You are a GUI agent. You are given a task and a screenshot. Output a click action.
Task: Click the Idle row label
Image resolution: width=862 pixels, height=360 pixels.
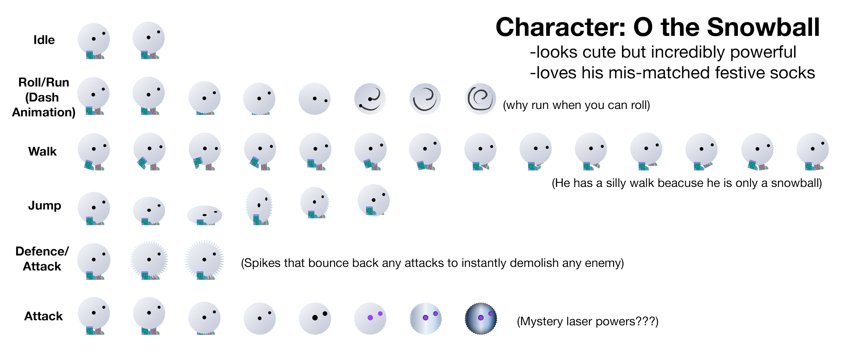coord(44,40)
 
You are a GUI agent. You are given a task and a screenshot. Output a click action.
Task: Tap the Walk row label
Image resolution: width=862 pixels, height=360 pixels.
coord(42,151)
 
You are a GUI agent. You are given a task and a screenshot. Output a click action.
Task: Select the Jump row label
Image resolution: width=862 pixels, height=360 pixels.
coord(44,206)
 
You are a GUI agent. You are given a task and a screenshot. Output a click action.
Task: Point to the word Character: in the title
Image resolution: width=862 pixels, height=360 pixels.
coord(560,28)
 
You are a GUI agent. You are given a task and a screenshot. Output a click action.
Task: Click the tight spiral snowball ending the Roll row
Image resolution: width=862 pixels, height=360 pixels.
coord(480,99)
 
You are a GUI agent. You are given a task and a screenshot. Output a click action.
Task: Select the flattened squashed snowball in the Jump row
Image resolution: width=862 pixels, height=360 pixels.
coord(204,215)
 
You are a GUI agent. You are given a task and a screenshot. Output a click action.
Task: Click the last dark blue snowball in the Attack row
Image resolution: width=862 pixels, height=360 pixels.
coord(481,319)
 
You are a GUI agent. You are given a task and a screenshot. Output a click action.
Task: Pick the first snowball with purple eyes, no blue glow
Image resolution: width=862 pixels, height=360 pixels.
coord(370,318)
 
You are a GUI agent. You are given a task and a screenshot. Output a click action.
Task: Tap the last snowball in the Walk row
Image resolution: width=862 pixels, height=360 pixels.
coord(813,151)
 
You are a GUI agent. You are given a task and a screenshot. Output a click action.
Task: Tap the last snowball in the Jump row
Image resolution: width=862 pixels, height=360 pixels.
coord(373,200)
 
